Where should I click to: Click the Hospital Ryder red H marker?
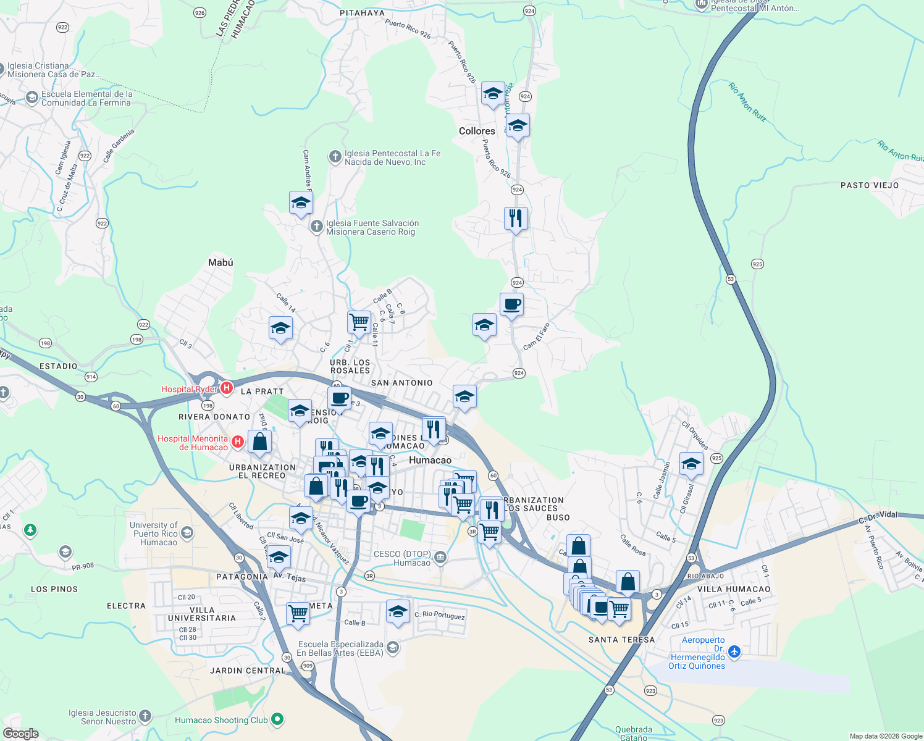pos(227,388)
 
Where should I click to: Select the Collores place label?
pos(477,131)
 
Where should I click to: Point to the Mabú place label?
pos(220,262)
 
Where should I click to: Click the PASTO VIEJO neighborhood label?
pos(870,185)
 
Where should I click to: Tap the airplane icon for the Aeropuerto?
pos(734,651)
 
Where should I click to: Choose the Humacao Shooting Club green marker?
pos(277,719)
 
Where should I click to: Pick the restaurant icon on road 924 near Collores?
pos(516,219)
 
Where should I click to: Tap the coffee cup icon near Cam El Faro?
pos(511,304)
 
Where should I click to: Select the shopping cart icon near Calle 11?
pos(359,322)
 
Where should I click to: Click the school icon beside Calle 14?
pos(280,328)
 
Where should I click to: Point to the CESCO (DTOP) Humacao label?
pos(403,558)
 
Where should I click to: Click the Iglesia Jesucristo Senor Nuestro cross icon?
pos(145,716)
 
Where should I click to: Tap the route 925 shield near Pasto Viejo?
pos(757,264)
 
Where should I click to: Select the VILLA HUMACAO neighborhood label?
pos(734,589)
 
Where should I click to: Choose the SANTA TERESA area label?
pos(621,640)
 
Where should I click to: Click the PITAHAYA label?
pos(362,13)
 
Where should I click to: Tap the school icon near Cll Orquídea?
pos(691,464)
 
